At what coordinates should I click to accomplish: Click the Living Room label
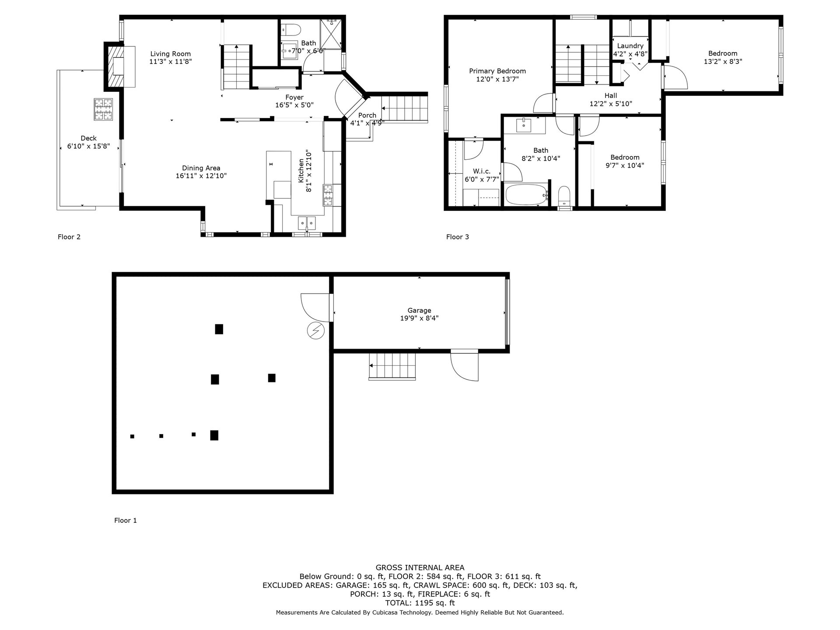coord(171,54)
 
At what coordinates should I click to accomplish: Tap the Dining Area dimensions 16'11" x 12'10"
coord(201,176)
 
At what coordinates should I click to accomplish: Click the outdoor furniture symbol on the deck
coord(102,109)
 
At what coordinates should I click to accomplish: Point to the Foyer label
coord(294,97)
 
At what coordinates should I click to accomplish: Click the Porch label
coord(367,115)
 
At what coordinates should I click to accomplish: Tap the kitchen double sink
coord(307,223)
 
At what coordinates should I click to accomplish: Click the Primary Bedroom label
coord(497,71)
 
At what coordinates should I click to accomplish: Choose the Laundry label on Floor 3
coord(630,46)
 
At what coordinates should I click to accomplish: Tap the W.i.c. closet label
coord(482,171)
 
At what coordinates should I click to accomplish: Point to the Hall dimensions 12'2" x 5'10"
coord(611,104)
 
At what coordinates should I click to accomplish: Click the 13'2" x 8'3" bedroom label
coord(723,62)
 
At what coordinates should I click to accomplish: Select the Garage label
coord(419,311)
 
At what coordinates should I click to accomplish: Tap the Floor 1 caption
coord(126,520)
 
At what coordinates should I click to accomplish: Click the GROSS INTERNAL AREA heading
coord(420,568)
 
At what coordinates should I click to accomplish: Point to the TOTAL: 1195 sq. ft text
coord(420,603)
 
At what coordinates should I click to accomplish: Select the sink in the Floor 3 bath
coord(524,125)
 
